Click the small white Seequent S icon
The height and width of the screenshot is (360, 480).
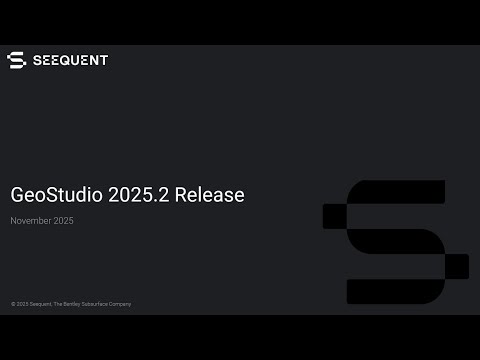pyautogui.click(x=16, y=60)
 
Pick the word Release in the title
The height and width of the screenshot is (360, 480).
pyautogui.click(x=209, y=195)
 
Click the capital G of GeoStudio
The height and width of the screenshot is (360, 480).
pyautogui.click(x=17, y=195)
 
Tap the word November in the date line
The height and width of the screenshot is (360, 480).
pyautogui.click(x=31, y=221)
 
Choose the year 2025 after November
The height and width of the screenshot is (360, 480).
pyautogui.click(x=63, y=221)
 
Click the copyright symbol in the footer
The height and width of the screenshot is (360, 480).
pyautogui.click(x=13, y=304)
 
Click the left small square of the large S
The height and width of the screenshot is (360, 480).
pyautogui.click(x=335, y=215)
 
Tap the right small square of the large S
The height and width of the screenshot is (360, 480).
pyautogui.click(x=456, y=266)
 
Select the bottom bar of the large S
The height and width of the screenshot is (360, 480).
pyautogui.click(x=385, y=292)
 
